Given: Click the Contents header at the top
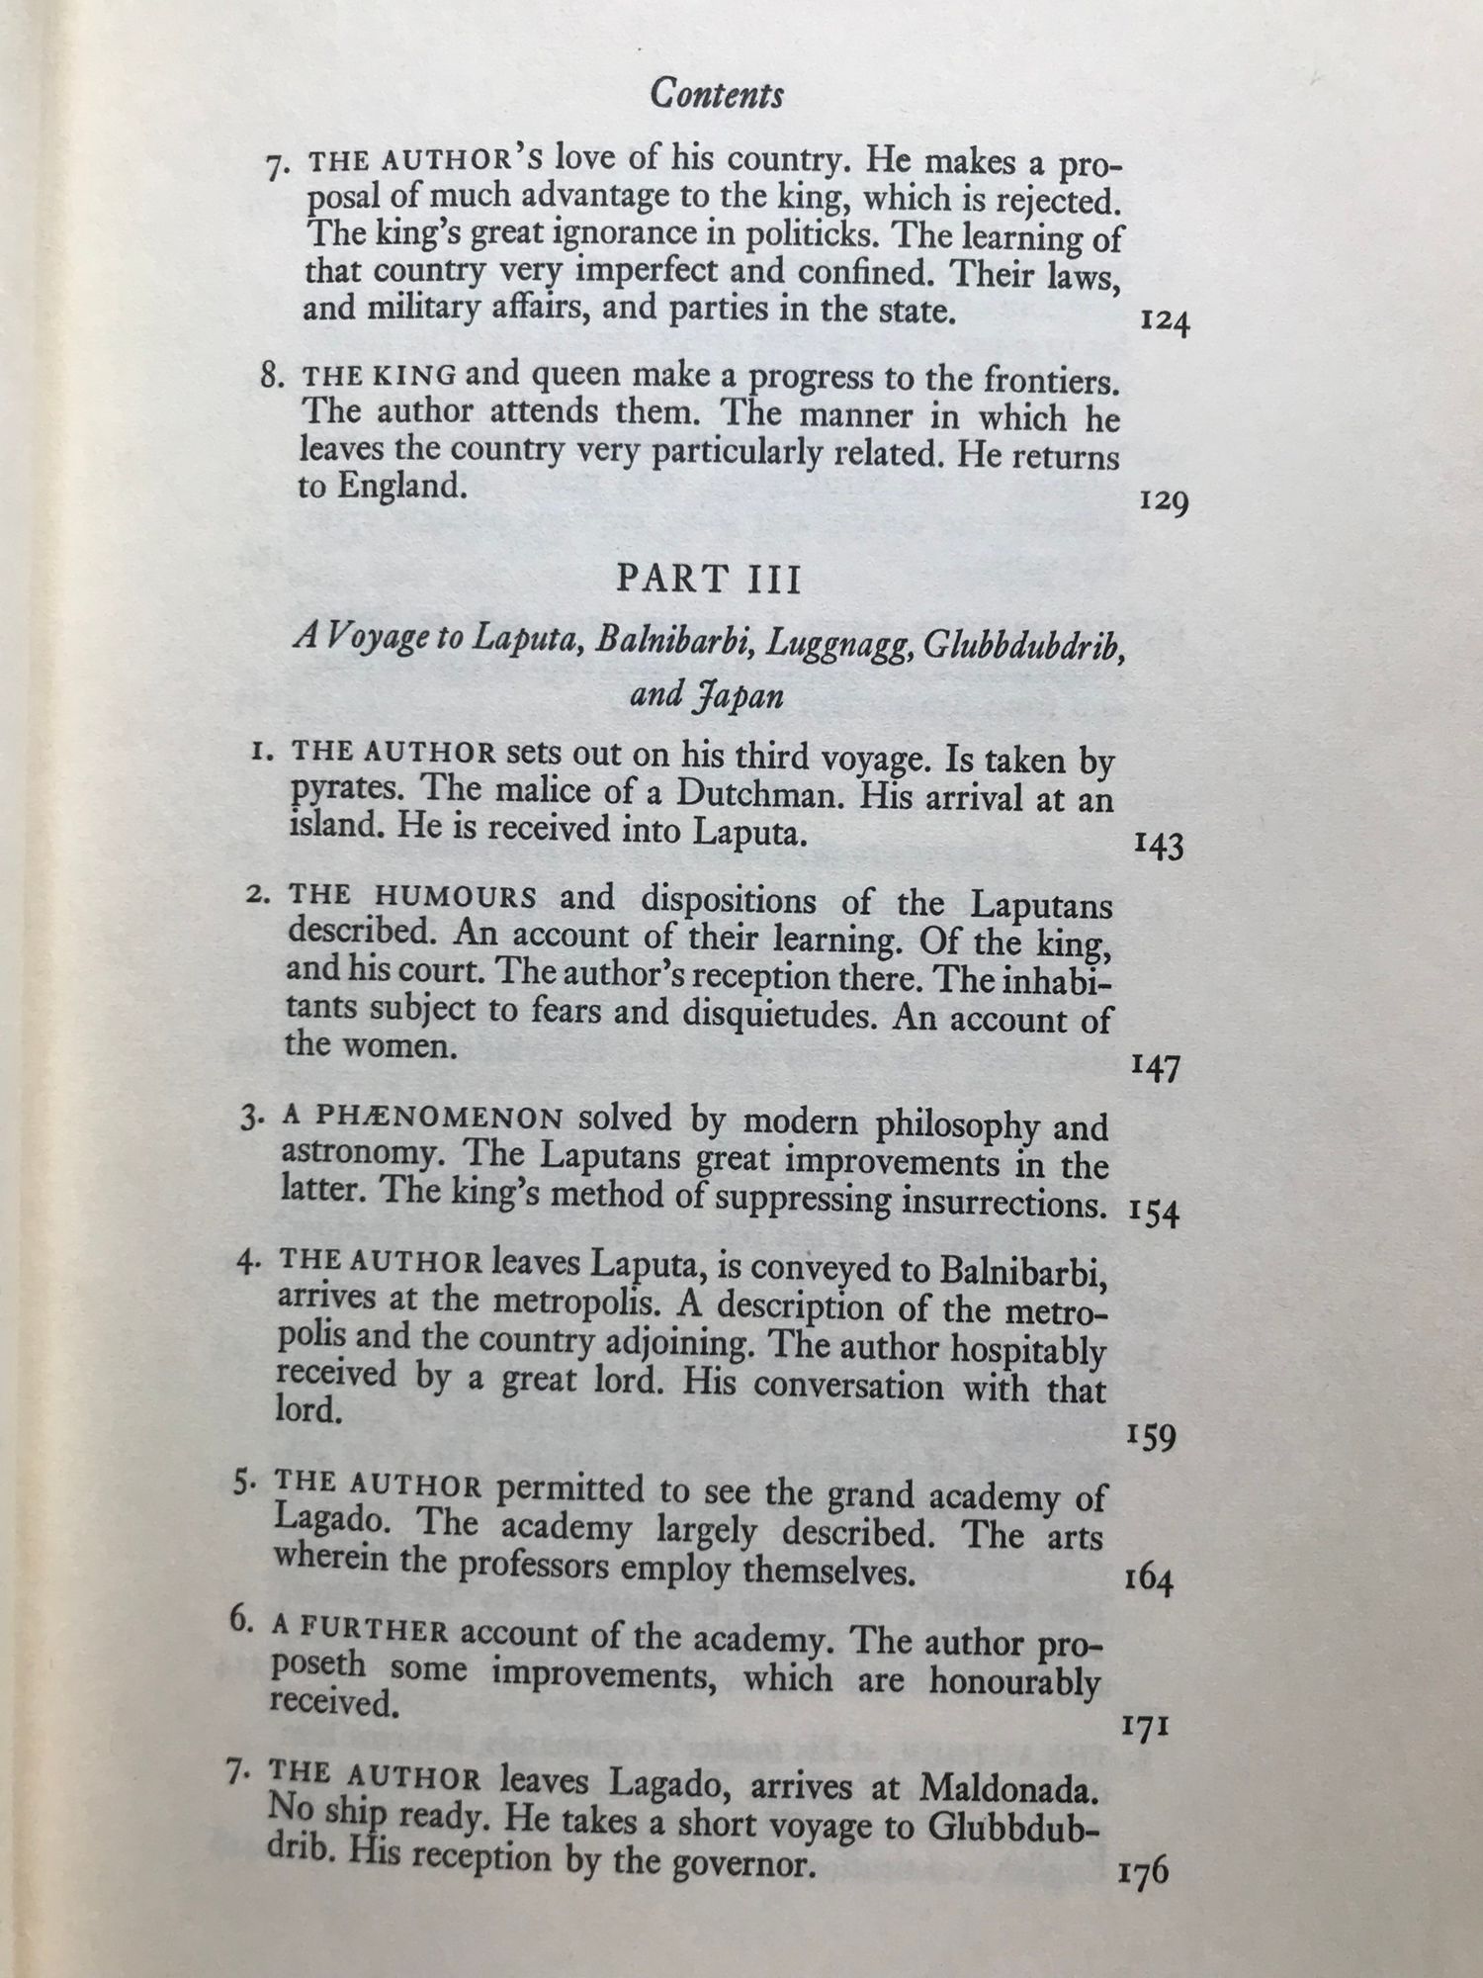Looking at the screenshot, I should [x=717, y=94].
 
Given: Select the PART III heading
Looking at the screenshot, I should [x=708, y=579].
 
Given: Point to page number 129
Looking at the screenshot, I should [x=1163, y=502].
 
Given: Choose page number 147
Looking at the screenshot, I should [x=1156, y=1069].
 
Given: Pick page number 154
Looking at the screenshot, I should [x=1154, y=1214].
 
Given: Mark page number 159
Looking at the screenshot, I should [x=1151, y=1436].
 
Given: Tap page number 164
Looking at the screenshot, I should [x=1149, y=1580].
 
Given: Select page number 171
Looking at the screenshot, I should [x=1147, y=1727].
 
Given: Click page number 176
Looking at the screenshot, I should [x=1143, y=1872].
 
